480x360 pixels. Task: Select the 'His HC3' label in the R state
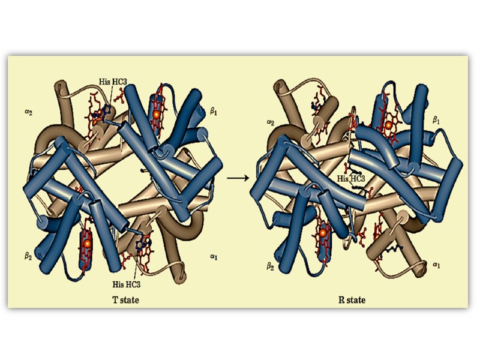tap(350, 178)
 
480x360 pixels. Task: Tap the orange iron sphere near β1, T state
tap(157, 113)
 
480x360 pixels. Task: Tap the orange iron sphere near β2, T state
tap(88, 244)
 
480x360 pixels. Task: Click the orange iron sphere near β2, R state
tap(322, 232)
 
